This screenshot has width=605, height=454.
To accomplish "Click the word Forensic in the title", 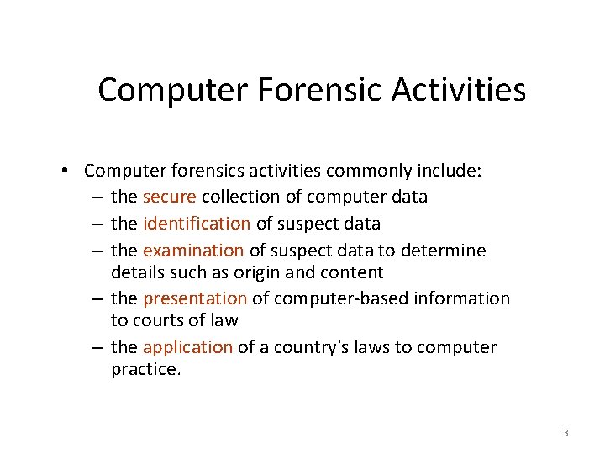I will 311,90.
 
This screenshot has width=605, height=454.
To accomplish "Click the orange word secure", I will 170,197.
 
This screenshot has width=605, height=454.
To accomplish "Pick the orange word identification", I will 197,224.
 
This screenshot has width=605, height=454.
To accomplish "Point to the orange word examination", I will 193,251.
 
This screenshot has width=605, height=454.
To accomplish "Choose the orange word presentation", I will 195,298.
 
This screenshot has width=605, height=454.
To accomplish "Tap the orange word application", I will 187,347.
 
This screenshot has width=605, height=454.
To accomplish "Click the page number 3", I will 566,433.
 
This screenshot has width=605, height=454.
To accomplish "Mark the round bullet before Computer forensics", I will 65,171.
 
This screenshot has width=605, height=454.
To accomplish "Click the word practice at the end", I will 145,369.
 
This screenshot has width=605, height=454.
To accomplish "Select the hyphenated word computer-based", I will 339,298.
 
